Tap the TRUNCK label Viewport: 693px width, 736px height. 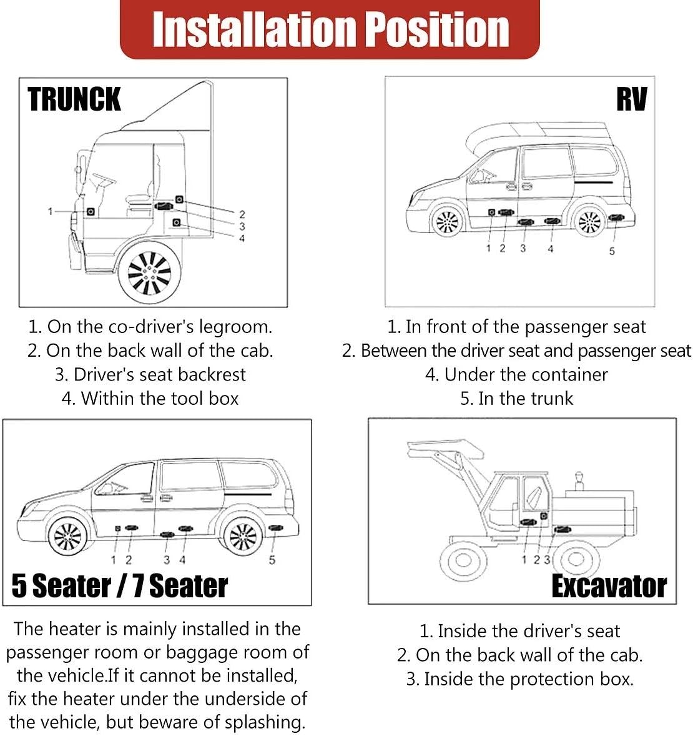(x=74, y=100)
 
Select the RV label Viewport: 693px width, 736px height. (x=631, y=100)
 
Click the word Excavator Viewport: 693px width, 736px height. (x=609, y=586)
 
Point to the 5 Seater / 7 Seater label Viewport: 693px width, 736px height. (x=120, y=586)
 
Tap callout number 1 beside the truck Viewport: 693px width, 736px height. (x=51, y=212)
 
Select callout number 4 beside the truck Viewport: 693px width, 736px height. (x=242, y=238)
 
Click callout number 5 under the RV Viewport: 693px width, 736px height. (x=612, y=251)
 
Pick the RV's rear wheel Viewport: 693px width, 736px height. (x=589, y=221)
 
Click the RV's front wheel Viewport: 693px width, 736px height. (x=447, y=221)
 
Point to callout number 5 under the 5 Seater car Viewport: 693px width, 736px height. (x=272, y=560)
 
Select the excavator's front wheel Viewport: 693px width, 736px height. (x=463, y=558)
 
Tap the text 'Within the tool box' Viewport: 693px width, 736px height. (x=159, y=398)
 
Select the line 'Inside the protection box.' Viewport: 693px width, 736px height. (x=528, y=679)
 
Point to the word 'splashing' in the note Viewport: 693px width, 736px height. (x=264, y=722)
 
